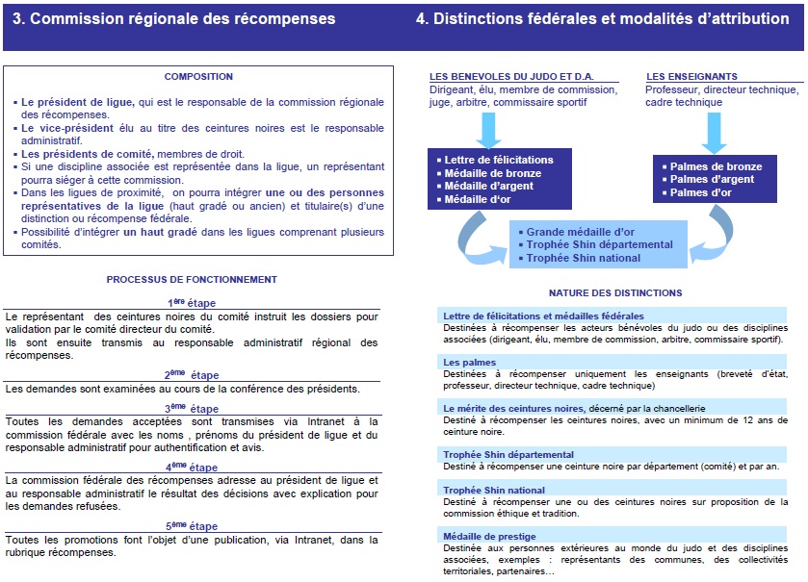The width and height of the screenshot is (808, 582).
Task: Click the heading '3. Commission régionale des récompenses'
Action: click(180, 19)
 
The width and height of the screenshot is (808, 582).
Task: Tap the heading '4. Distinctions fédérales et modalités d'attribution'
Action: click(602, 19)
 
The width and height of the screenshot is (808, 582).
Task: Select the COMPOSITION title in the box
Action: click(198, 77)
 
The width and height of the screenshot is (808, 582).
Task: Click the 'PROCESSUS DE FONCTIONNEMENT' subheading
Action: click(192, 280)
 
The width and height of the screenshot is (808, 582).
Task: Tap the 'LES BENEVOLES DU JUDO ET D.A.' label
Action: click(498, 77)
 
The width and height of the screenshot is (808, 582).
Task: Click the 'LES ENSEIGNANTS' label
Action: click(691, 77)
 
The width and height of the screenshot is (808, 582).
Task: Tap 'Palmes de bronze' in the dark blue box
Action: click(716, 166)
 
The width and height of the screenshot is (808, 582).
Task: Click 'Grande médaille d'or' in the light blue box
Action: click(580, 232)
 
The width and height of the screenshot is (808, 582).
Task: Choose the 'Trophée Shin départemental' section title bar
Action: click(508, 454)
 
